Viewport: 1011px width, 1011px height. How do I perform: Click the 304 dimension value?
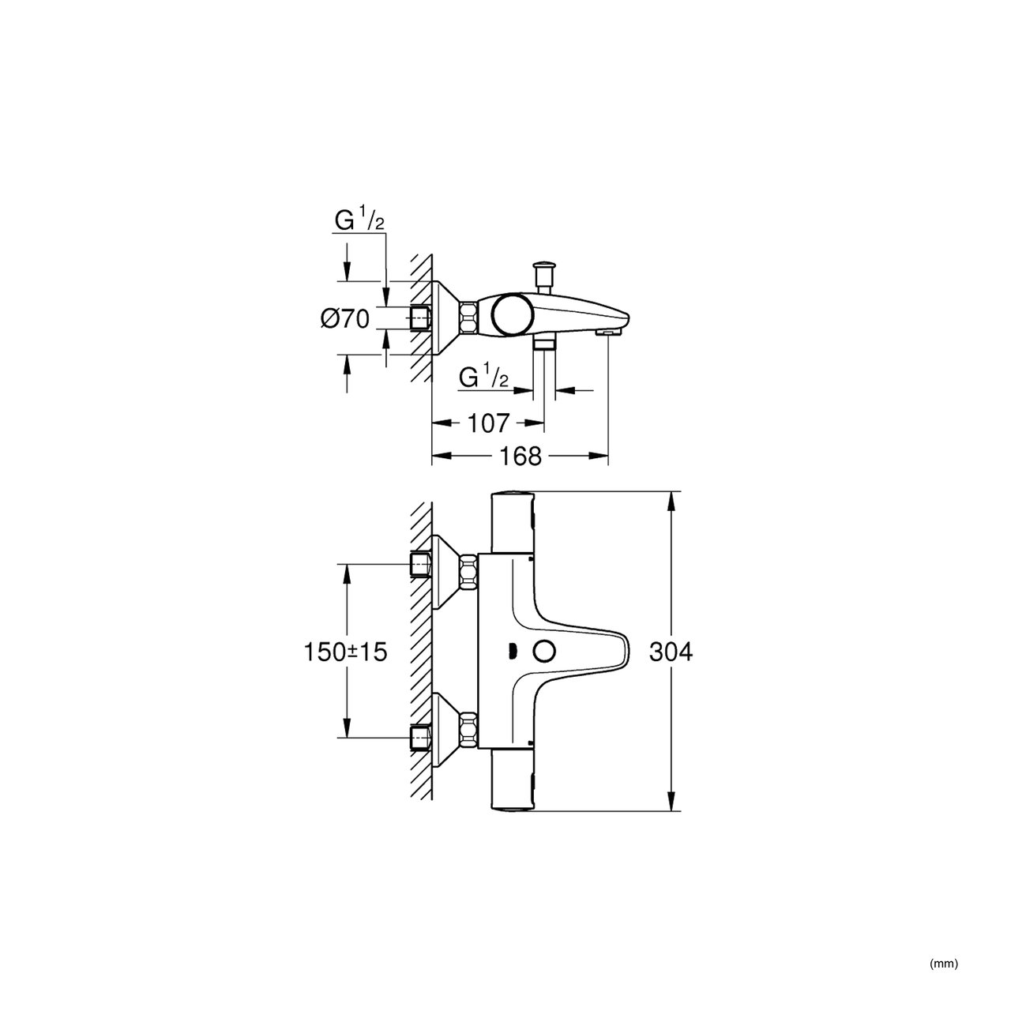671,652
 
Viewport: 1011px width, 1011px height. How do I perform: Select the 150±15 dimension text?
346,652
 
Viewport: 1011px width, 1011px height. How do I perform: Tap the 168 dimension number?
520,457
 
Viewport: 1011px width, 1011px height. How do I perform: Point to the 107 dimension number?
488,423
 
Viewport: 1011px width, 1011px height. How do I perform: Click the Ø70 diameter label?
345,318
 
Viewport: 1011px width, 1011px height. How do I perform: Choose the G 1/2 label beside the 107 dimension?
484,377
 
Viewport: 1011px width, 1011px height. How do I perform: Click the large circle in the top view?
512,315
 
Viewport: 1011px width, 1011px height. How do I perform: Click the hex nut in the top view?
468,317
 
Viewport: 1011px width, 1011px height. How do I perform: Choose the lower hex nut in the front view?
468,728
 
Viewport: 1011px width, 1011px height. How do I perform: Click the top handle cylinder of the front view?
513,522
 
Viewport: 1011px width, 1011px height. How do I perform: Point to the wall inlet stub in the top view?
420,318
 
